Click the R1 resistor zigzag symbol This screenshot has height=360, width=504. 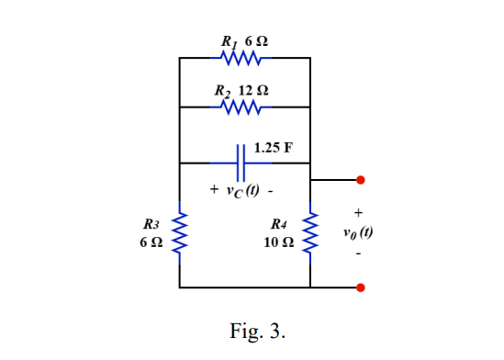pos(244,58)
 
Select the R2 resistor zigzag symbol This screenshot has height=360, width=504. pos(244,107)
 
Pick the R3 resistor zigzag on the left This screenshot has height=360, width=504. pos(180,233)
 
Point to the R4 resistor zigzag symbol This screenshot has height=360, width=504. pos(310,233)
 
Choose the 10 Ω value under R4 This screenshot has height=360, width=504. pos(279,242)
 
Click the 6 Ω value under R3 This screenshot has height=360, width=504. pos(151,242)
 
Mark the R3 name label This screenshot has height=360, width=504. pos(151,224)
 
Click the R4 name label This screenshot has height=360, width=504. pos(280,224)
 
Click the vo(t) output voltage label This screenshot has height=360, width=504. pos(358,231)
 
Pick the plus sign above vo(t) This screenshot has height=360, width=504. pos(359,213)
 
